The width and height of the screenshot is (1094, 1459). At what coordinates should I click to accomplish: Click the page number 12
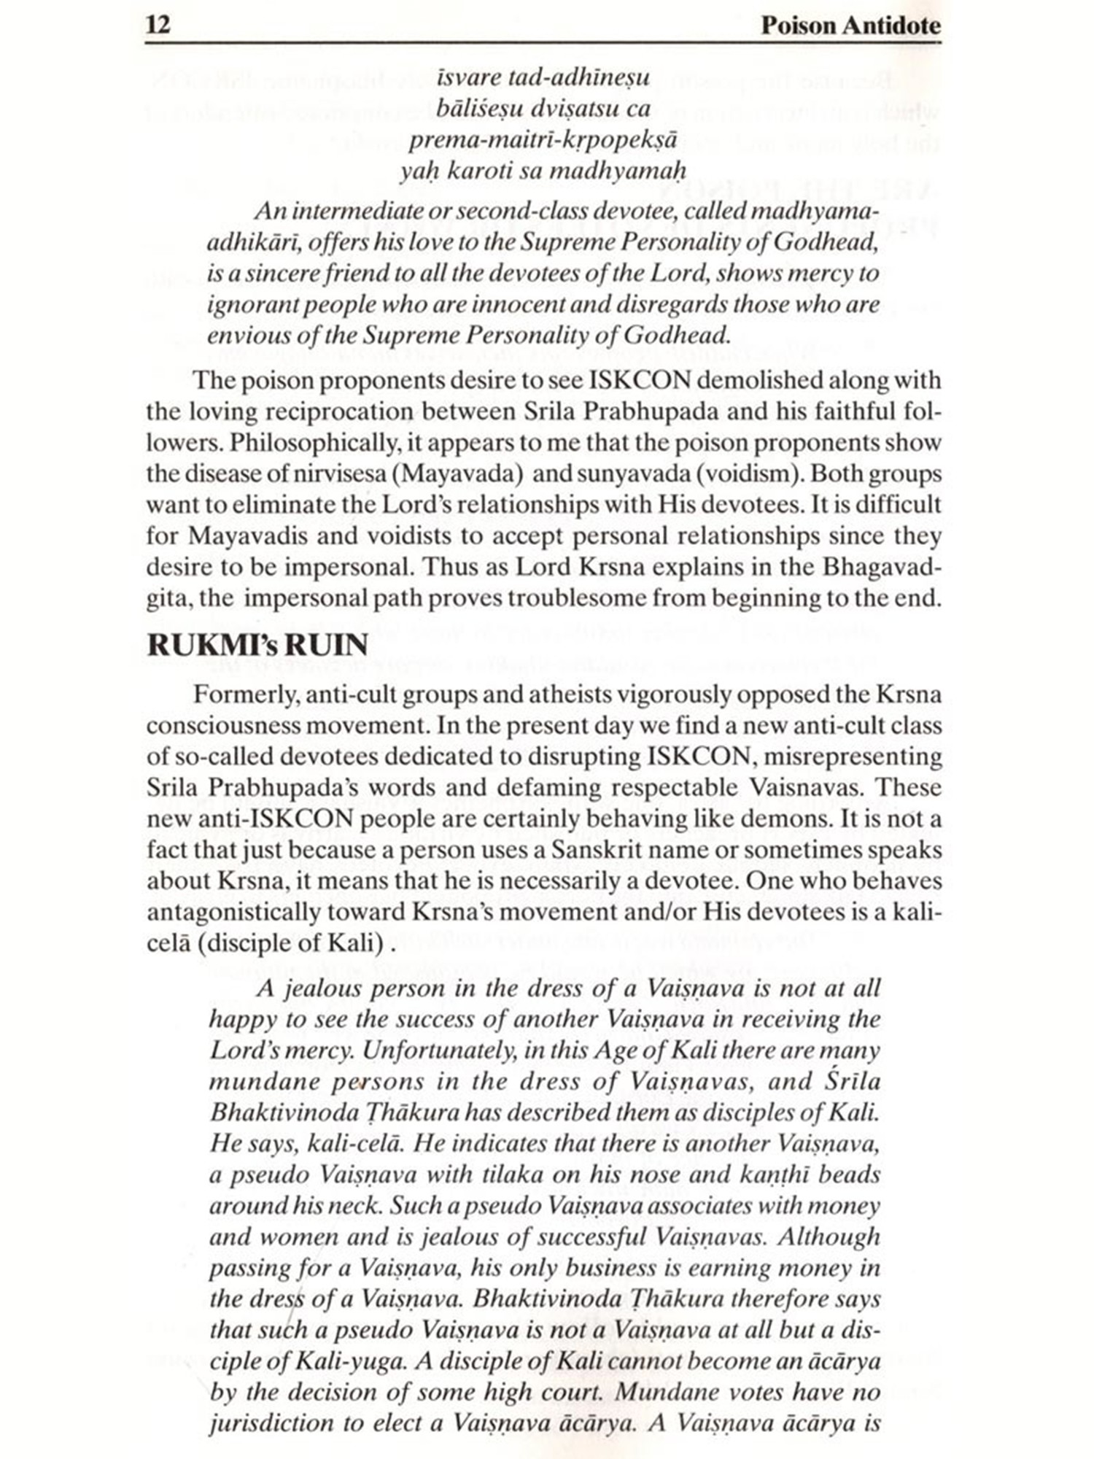[158, 26]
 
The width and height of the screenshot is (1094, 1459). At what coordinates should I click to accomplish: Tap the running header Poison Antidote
[850, 26]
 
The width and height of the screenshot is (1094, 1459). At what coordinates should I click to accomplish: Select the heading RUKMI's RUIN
[257, 645]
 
